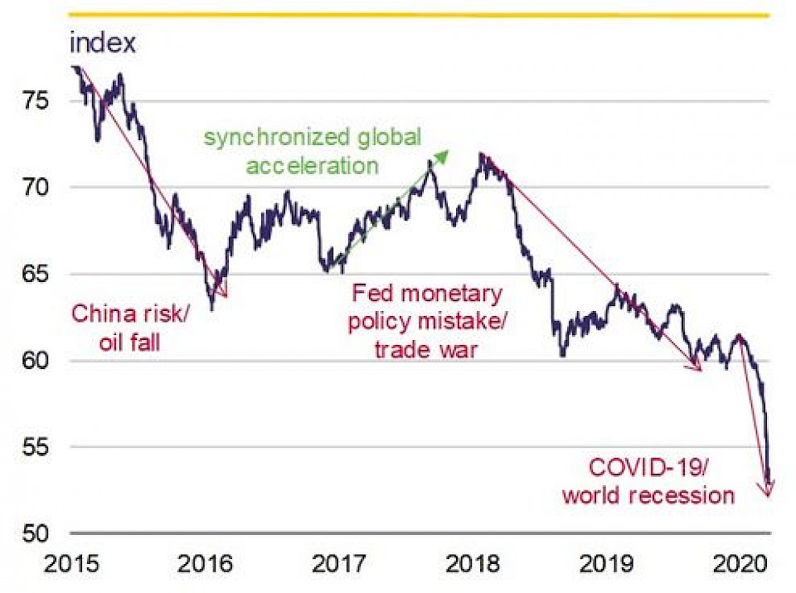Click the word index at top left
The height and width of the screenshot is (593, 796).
103,43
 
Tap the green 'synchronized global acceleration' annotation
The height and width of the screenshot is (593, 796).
313,151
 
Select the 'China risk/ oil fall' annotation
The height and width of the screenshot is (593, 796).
130,327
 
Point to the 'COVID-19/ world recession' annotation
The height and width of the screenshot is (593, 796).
648,481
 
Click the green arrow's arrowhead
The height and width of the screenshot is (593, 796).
445,153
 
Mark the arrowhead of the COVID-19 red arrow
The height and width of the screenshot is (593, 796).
768,492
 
